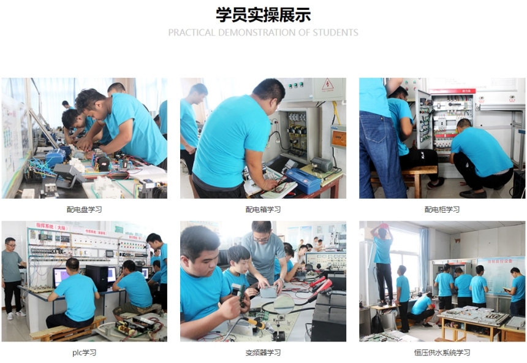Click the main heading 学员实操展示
pyautogui.click(x=263, y=15)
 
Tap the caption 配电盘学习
pyautogui.click(x=84, y=209)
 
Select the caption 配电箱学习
pyautogui.click(x=263, y=209)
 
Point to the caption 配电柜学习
pyautogui.click(x=442, y=209)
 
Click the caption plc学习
pyautogui.click(x=84, y=353)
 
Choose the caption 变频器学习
pyautogui.click(x=263, y=353)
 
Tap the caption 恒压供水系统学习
pyautogui.click(x=442, y=353)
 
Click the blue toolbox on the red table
pyautogui.click(x=303, y=180)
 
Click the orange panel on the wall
pyautogui.click(x=338, y=138)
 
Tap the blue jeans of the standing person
pyautogui.click(x=380, y=154)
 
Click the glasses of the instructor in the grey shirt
pyautogui.click(x=262, y=239)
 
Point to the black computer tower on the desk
pyautogui.click(x=97, y=278)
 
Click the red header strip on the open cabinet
pyautogui.click(x=452, y=91)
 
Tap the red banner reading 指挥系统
pyautogui.click(x=52, y=226)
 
